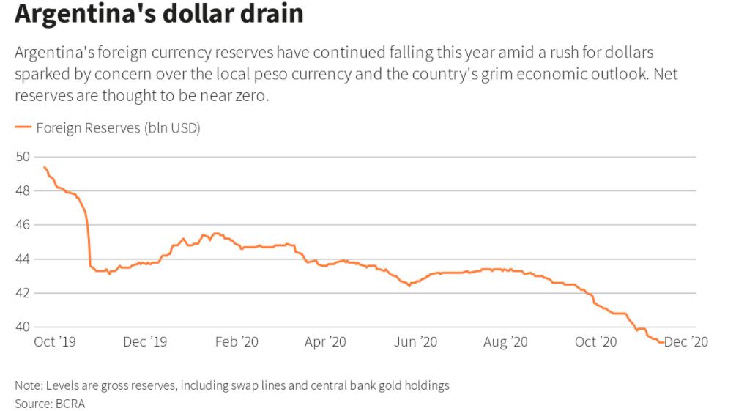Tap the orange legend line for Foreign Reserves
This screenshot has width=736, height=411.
24,128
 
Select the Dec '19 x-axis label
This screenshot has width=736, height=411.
146,341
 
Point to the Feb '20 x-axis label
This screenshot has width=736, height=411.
237,341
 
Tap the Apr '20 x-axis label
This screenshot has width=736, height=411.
325,341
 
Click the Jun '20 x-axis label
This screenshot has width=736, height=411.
415,341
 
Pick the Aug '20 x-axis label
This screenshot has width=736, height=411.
505,341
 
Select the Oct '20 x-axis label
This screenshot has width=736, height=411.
595,341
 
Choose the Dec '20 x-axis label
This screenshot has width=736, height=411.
686,341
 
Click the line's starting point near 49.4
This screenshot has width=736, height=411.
44,167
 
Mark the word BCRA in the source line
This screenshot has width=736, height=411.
70,404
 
